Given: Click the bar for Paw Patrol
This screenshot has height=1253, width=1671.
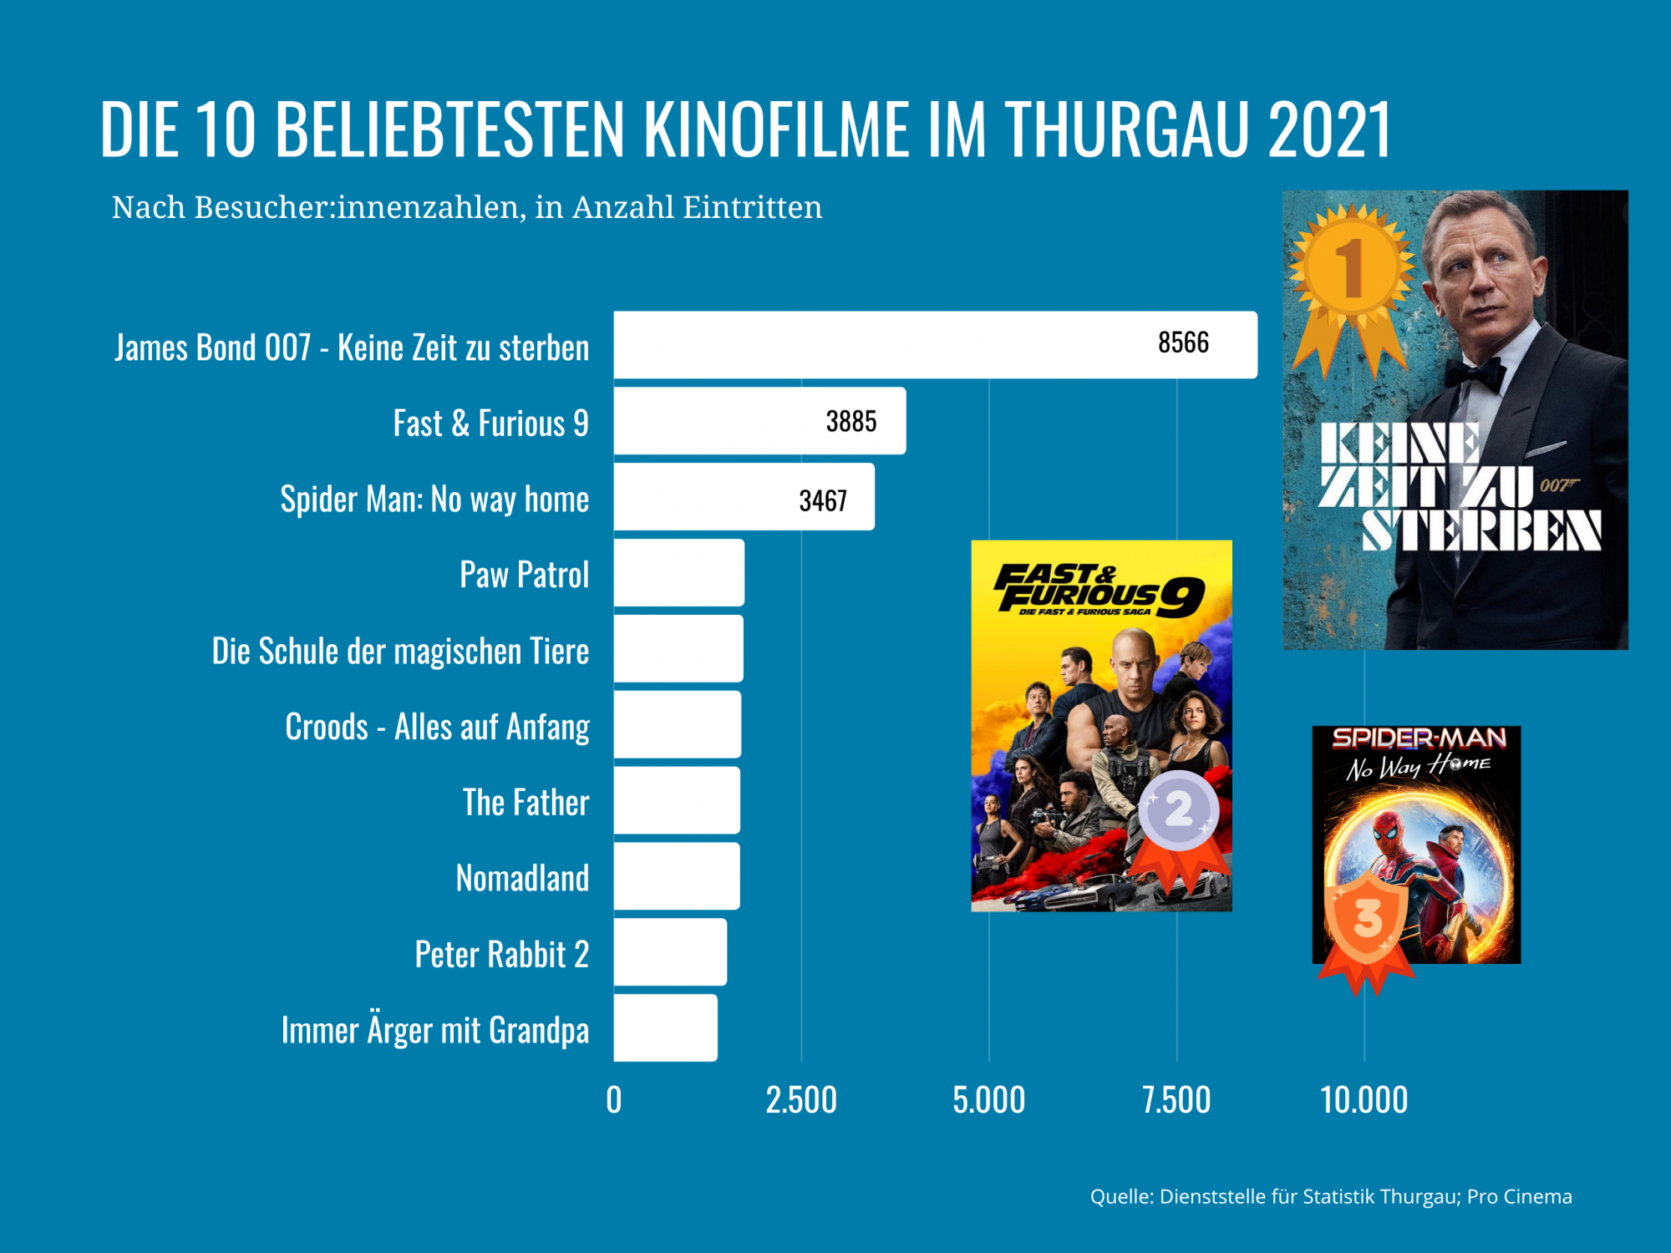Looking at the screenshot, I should [x=678, y=573].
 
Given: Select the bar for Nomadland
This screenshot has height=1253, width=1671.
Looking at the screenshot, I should [x=676, y=876].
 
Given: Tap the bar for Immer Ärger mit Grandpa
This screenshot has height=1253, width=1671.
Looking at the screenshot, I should [x=665, y=1028].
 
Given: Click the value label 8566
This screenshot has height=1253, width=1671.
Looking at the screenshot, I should [x=1183, y=342].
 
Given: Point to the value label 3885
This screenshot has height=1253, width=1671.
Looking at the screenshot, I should [x=851, y=422].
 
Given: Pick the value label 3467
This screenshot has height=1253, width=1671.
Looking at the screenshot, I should [x=823, y=500].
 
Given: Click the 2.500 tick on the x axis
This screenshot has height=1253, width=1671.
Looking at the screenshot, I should [x=800, y=1100].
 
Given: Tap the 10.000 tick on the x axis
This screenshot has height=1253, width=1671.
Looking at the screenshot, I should [x=1364, y=1100].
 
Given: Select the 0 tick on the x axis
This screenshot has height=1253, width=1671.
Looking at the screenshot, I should [x=614, y=1100].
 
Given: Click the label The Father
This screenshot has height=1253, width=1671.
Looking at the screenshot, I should [x=526, y=802].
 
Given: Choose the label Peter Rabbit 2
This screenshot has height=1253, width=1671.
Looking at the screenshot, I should [x=501, y=954].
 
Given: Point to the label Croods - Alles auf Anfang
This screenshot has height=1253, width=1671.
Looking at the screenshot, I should [x=437, y=727].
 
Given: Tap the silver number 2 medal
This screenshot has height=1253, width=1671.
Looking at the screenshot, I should [x=1179, y=809].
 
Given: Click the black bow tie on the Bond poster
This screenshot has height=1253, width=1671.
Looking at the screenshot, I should [x=1475, y=372].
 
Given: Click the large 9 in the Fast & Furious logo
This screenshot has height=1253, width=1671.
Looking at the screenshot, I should [x=1181, y=596].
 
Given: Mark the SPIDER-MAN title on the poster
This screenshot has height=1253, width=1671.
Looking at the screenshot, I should [x=1418, y=738].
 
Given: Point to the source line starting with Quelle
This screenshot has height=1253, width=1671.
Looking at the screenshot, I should [x=1330, y=1197].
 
